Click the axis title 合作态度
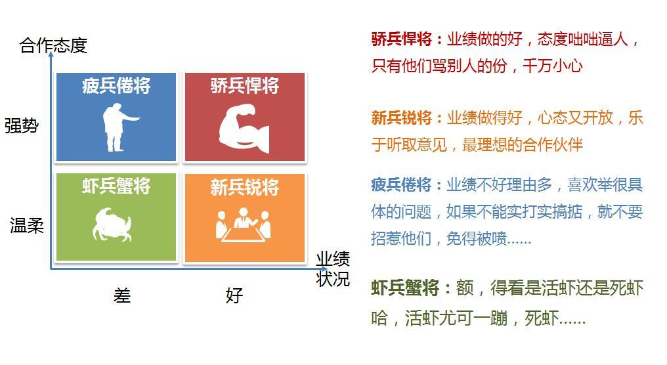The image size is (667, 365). pos(53,45)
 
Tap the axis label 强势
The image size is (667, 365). pos(21,125)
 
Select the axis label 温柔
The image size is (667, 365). pos(27,225)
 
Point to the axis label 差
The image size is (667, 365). pos(121,295)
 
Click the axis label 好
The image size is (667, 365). pos(234,295)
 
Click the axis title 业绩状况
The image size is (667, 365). pos(333,269)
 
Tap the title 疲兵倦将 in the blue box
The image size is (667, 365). pos(116,85)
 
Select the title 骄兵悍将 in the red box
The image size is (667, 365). pos(245,85)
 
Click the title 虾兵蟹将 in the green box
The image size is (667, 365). pos(116,186)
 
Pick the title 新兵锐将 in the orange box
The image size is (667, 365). pos(245,186)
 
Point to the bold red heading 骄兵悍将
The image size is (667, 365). pos(402,39)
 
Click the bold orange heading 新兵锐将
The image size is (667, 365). pos(402,118)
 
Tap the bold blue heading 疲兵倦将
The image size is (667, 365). pos(401,185)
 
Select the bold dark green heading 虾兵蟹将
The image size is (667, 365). pos(405,288)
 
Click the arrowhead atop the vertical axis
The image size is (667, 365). pos(51,54)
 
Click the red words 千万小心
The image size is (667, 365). pos(553,66)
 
